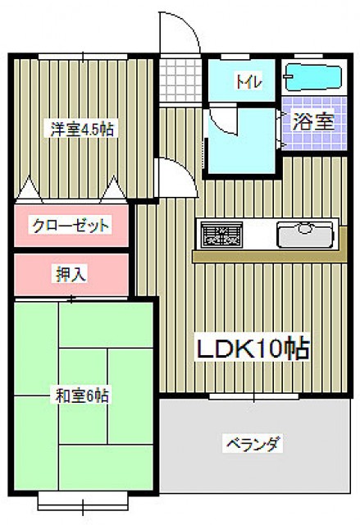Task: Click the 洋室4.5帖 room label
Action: pos(82,130)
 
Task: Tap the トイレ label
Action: pos(249,81)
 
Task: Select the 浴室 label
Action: pos(313,121)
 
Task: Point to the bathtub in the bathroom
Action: pos(312,77)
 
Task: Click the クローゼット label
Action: pos(71,226)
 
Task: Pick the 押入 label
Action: pos(71,275)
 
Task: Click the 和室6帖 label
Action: pos(82,395)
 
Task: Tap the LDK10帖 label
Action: pos(253,349)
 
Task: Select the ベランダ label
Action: pos(253,444)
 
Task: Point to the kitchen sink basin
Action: pos(305,234)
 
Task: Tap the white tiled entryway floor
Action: pos(180,80)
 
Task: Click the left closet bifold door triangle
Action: pos(30,189)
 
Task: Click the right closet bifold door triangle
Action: pos(113,189)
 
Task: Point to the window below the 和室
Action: pos(83,501)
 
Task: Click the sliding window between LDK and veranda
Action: pos(254,396)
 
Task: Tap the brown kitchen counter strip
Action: pos(270,256)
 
